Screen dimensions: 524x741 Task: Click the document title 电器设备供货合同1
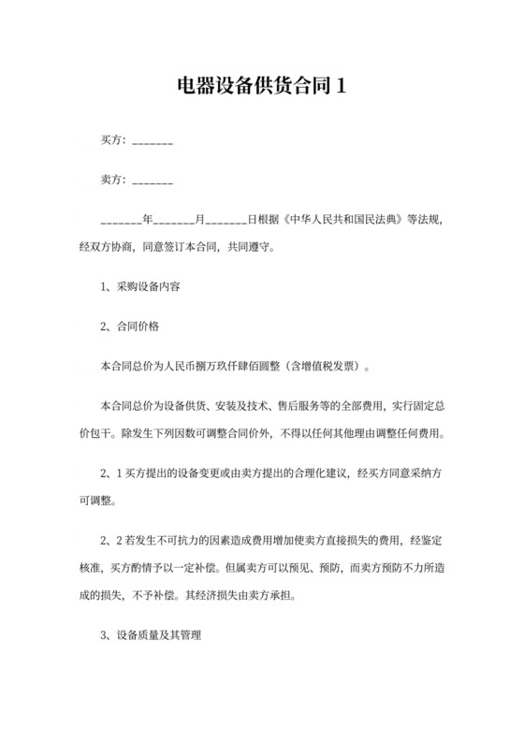[262, 87]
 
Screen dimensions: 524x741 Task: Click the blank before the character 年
[120, 222]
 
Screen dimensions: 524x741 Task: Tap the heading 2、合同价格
[130, 327]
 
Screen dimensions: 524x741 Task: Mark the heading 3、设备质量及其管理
[151, 635]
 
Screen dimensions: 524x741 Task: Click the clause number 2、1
[111, 474]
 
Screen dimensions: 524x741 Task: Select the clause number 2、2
[111, 542]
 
